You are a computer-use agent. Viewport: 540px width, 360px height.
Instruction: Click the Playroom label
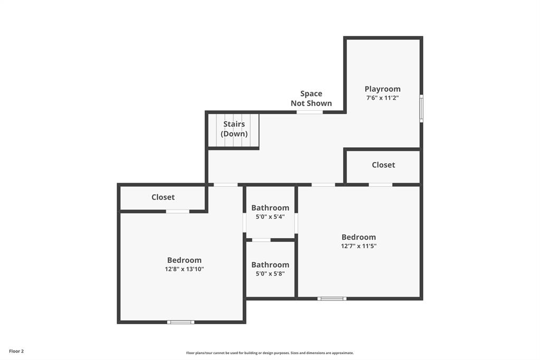coord(382,89)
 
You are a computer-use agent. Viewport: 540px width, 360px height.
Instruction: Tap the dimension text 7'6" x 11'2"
coord(382,98)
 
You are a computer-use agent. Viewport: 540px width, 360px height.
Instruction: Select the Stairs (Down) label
coord(234,129)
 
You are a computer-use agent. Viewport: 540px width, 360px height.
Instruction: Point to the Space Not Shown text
coord(311,98)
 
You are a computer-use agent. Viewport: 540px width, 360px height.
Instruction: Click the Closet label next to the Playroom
coord(383,165)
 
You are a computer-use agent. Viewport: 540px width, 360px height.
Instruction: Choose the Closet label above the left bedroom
coord(163,197)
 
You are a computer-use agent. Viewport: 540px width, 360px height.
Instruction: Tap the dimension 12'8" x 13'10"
coord(184,269)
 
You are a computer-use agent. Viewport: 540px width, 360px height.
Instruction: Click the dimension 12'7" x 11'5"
coord(358,246)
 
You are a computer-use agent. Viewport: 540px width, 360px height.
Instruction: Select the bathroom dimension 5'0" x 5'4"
coord(270,216)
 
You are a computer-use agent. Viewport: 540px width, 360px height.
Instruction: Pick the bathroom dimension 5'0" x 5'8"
coord(270,273)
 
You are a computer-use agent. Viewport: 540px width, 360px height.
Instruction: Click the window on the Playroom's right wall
coord(421,108)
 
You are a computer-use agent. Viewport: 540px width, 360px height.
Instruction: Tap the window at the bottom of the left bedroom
coord(181,322)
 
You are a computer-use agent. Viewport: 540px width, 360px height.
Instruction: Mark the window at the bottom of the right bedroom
coord(331,299)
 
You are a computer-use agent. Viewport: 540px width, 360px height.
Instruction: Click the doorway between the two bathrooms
coord(261,240)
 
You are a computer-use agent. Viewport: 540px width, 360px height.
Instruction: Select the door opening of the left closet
coord(177,211)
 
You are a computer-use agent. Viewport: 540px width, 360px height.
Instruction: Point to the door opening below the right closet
coord(380,184)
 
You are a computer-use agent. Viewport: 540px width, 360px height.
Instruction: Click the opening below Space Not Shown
coord(309,112)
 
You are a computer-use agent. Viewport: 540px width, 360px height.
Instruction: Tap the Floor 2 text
coord(16,351)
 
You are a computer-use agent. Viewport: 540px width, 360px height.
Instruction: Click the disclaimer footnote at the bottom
coord(270,353)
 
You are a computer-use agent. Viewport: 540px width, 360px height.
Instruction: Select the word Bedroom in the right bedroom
coord(358,237)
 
